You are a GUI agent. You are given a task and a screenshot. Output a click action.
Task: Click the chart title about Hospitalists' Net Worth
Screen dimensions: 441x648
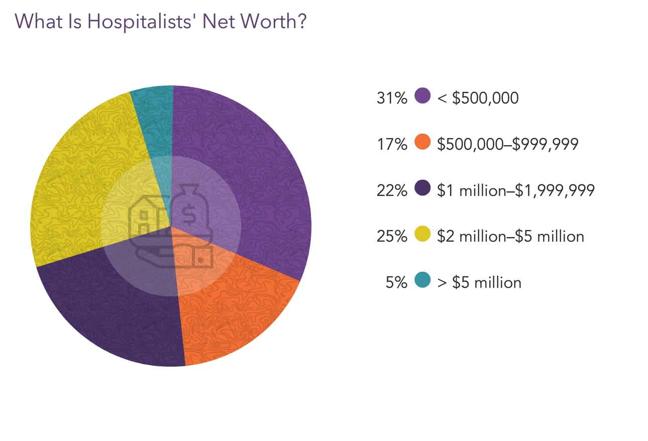(160, 22)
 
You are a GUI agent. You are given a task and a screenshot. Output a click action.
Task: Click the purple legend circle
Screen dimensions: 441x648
(423, 96)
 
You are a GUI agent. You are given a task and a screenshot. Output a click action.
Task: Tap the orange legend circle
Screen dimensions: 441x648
(423, 143)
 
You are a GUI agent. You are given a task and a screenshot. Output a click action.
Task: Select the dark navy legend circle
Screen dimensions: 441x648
(423, 189)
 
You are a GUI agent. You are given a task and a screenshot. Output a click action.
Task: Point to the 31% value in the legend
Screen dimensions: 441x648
(391, 97)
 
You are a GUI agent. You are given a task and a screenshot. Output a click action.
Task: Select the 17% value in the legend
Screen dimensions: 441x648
(391, 144)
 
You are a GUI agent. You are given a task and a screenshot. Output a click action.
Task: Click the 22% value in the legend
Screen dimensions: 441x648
(391, 190)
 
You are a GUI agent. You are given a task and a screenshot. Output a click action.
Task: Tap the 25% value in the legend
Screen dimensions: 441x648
(391, 237)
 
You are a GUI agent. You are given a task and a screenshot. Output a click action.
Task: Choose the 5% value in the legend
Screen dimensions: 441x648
(396, 283)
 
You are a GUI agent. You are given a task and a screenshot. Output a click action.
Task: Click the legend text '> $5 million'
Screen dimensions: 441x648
(479, 283)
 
